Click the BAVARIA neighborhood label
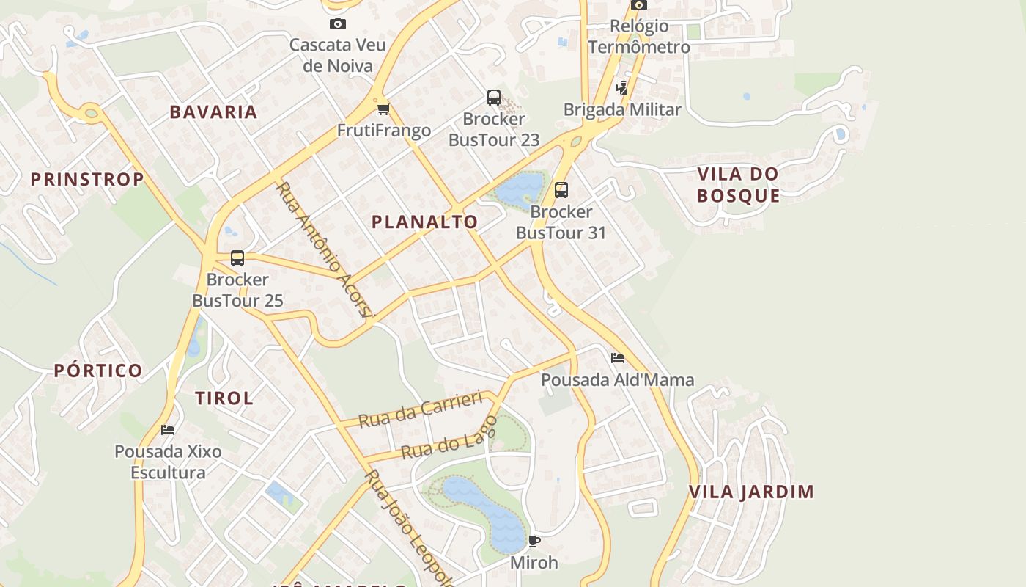click(x=213, y=112)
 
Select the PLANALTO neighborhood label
click(x=424, y=222)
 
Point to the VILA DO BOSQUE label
click(x=737, y=185)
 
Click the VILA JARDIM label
click(x=751, y=492)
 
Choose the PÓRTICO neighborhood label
click(x=98, y=371)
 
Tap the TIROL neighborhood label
click(x=224, y=398)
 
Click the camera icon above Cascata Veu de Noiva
click(x=337, y=24)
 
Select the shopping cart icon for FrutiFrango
click(x=383, y=109)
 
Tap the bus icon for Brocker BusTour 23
click(x=494, y=97)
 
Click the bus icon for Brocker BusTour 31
click(x=561, y=190)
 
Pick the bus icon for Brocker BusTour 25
click(x=237, y=258)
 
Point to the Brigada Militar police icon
click(x=622, y=88)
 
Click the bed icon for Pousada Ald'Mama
click(x=618, y=358)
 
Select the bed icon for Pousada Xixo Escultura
click(x=168, y=430)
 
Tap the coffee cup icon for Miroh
click(x=534, y=542)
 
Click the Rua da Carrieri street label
click(x=420, y=409)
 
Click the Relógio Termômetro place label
click(x=639, y=37)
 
